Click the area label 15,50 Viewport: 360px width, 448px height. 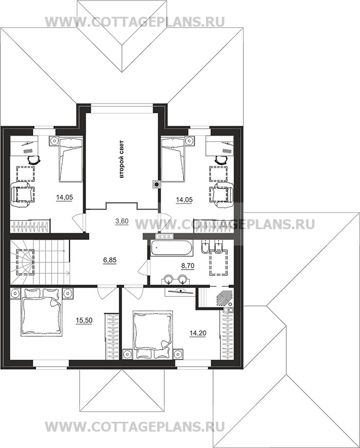(84, 320)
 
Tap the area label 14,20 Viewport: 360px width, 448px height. (198, 333)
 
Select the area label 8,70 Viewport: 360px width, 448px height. (188, 266)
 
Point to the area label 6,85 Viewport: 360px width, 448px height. (110, 260)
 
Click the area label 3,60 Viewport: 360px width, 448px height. (122, 221)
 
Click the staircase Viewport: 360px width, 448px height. (39, 262)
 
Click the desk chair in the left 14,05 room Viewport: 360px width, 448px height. (34, 160)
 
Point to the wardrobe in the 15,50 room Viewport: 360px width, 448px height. (112, 336)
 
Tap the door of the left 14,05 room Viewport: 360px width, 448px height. (79, 222)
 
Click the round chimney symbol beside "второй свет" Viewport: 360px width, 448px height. (156, 185)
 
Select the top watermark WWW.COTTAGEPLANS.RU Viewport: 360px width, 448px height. (135, 22)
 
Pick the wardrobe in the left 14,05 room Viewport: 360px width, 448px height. (30, 226)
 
